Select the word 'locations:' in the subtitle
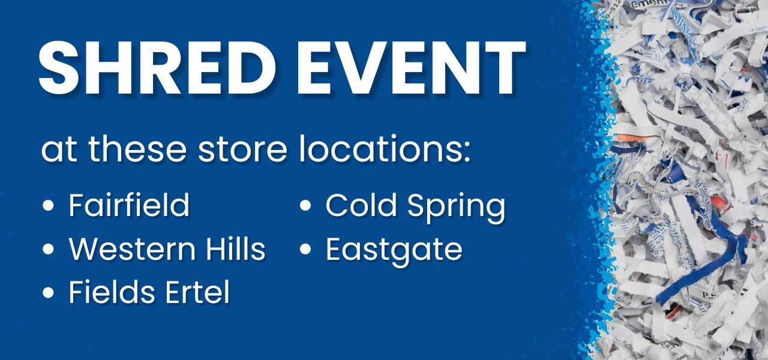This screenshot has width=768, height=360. click(x=385, y=151)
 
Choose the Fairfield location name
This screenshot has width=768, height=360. click(x=129, y=206)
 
